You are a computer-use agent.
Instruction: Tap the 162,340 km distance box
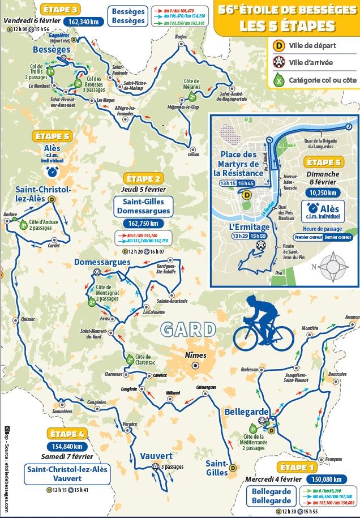[85, 22]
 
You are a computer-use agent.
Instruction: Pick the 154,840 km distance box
[67, 447]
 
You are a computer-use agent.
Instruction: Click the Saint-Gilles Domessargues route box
[143, 206]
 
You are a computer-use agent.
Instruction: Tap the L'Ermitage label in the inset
[247, 226]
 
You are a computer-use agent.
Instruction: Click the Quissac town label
[27, 319]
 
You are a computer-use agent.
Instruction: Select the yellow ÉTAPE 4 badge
[67, 434]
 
